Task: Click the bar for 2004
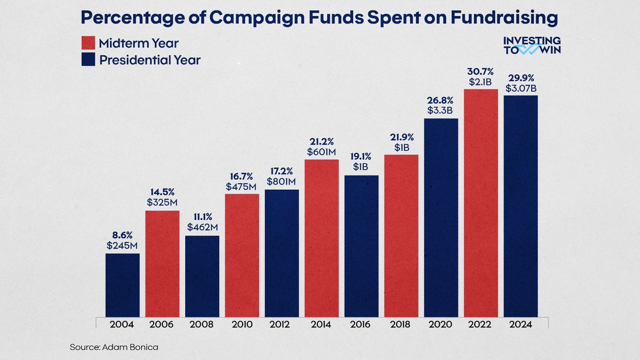point(122,285)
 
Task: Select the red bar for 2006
point(162,263)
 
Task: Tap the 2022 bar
point(481,203)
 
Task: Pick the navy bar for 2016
point(361,246)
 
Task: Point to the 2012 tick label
point(282,324)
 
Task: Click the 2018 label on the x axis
point(401,324)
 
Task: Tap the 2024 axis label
point(521,324)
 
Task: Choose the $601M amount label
point(322,151)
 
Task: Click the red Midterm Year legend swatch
point(89,43)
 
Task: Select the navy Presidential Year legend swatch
point(89,60)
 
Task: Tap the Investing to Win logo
point(532,46)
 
